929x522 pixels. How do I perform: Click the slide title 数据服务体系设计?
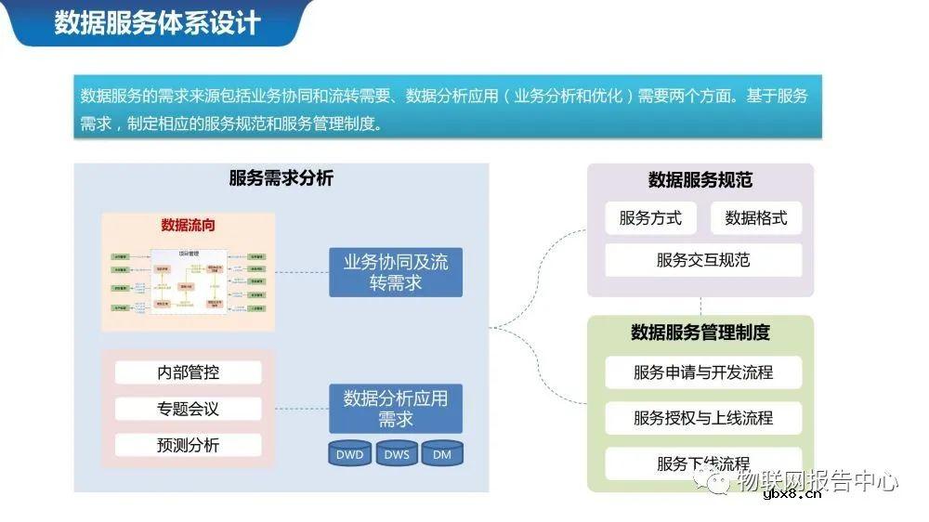point(157,22)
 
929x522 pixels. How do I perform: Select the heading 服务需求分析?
point(281,178)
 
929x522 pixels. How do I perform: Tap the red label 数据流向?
point(189,225)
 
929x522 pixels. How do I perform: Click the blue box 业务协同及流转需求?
point(396,272)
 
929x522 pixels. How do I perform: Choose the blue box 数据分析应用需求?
point(396,409)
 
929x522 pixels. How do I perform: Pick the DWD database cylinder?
point(349,454)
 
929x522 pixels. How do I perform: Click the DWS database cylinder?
point(397,454)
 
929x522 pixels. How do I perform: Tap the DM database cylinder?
point(442,454)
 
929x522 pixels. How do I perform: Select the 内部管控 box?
point(189,372)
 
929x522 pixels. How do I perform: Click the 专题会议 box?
point(189,409)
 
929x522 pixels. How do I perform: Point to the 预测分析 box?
point(189,445)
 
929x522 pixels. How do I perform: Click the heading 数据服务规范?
point(700,180)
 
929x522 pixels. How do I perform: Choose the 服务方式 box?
point(650,218)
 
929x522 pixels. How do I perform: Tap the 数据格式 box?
point(756,218)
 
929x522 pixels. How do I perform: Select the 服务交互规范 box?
point(703,260)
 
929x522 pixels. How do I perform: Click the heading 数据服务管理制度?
point(700,332)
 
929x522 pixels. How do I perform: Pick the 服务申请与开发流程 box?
point(703,372)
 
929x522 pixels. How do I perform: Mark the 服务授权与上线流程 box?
point(703,418)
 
